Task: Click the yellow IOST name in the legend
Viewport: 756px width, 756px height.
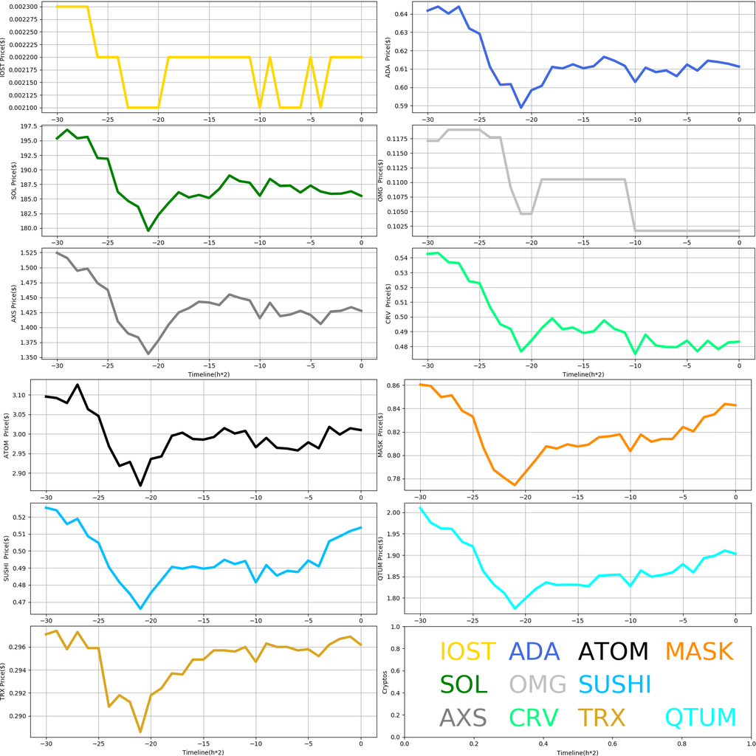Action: pyautogui.click(x=467, y=651)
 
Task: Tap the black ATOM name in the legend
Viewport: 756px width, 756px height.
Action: pyautogui.click(x=613, y=651)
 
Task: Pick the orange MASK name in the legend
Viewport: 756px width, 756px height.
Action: pyautogui.click(x=698, y=651)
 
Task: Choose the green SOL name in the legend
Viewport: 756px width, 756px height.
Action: pyautogui.click(x=464, y=684)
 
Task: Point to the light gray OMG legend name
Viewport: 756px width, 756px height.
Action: pyautogui.click(x=537, y=684)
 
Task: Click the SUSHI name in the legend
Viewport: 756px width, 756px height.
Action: pyautogui.click(x=614, y=684)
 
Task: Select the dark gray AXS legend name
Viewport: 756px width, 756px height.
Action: pyautogui.click(x=463, y=717)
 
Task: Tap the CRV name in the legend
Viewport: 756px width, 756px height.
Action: pyautogui.click(x=533, y=717)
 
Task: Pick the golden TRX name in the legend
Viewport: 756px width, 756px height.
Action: pyautogui.click(x=601, y=717)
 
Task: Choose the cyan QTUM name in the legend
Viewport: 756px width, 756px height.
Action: pyautogui.click(x=701, y=717)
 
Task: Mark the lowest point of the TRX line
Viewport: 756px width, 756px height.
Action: pyautogui.click(x=140, y=732)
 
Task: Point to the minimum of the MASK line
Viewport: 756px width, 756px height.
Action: pyautogui.click(x=515, y=485)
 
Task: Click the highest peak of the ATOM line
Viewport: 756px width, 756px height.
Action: pyautogui.click(x=78, y=385)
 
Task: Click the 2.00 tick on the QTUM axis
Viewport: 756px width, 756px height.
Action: pyautogui.click(x=394, y=512)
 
